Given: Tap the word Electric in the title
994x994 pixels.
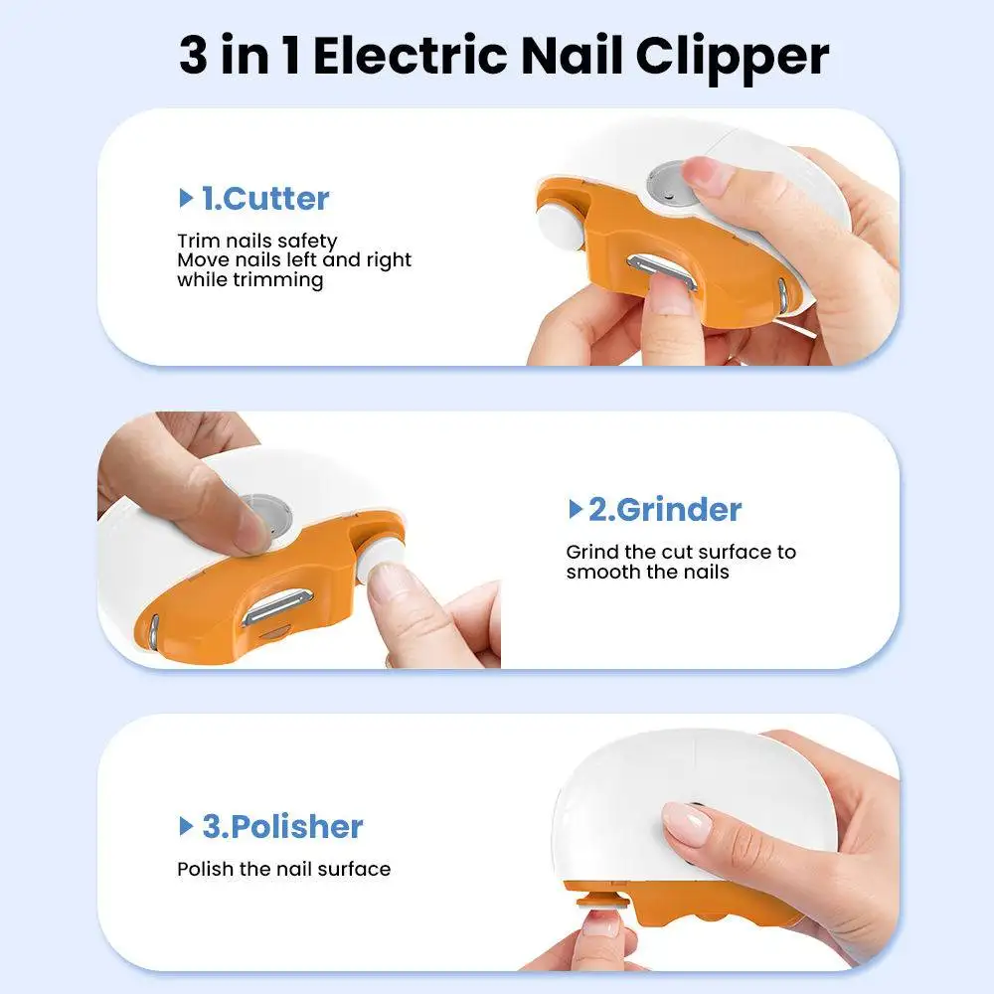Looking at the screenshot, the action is (x=411, y=55).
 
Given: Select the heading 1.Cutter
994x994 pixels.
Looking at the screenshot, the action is (x=265, y=199).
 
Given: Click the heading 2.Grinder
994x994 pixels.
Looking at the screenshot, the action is (x=665, y=510).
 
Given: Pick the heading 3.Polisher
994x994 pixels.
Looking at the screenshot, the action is (x=282, y=827).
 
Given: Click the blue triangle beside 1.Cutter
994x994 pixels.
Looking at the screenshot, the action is (x=186, y=198).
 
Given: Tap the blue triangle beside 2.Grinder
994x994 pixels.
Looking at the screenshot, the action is (x=575, y=508).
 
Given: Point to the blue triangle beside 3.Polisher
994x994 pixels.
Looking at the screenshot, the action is (x=186, y=826).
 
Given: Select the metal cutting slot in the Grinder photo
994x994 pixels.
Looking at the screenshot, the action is (x=278, y=606).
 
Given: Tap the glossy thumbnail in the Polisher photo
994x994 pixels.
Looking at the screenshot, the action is (x=687, y=823).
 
